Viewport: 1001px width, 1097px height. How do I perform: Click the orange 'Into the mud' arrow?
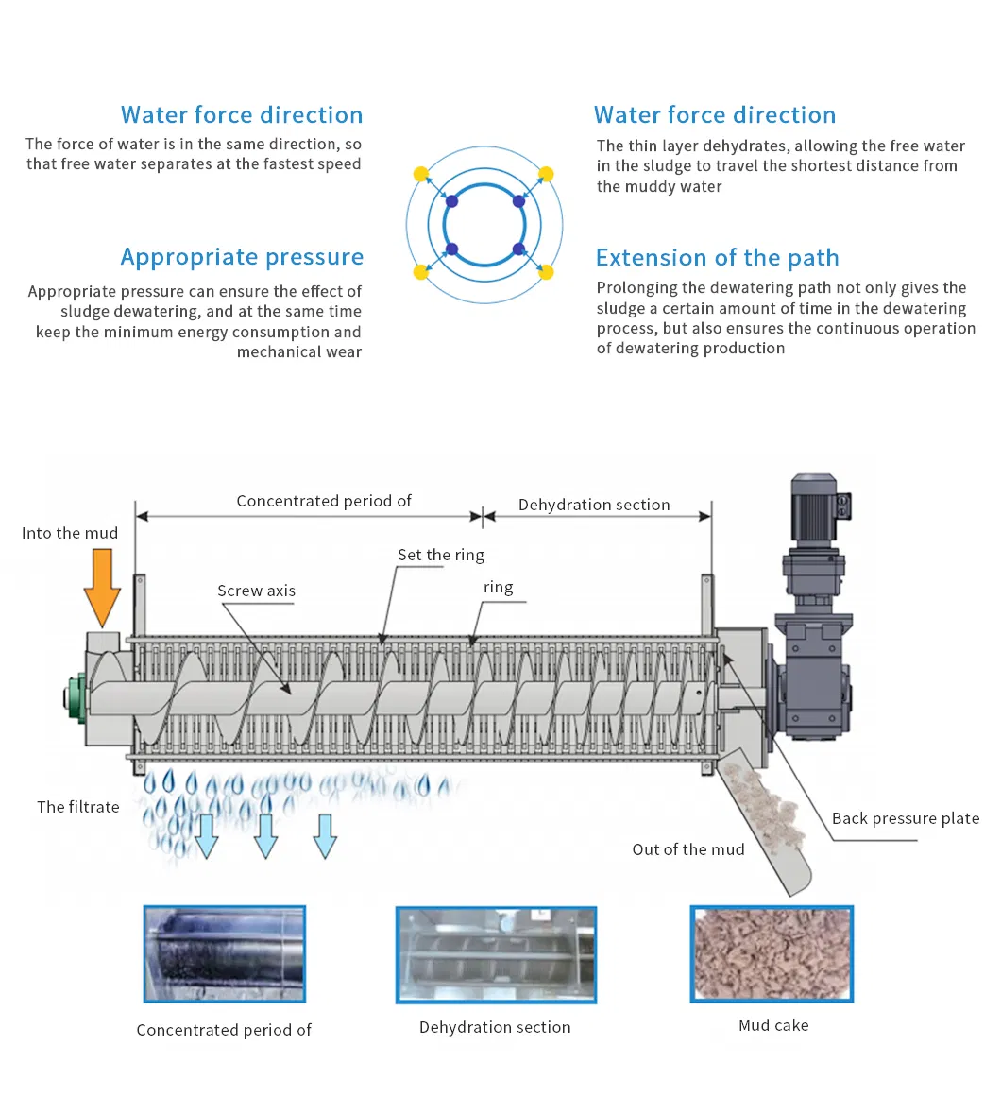click(x=102, y=586)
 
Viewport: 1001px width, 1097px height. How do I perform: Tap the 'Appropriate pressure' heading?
click(x=242, y=257)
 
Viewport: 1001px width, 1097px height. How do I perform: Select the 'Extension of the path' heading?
click(x=717, y=258)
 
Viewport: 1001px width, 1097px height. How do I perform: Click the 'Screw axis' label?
click(x=256, y=591)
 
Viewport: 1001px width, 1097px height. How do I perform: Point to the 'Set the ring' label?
click(x=440, y=555)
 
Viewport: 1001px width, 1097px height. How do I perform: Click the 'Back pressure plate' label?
click(x=905, y=818)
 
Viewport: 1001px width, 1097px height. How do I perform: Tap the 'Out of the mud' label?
click(x=687, y=849)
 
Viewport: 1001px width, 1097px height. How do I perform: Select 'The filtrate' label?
click(x=78, y=807)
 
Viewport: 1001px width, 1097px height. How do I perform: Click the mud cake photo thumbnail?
click(x=772, y=954)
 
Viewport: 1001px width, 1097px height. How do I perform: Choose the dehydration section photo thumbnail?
click(x=496, y=954)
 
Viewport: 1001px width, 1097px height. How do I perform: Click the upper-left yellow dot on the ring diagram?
click(x=421, y=174)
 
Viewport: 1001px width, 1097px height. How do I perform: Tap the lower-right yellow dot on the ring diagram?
click(x=546, y=273)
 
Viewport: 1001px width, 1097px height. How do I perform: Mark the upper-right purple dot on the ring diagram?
click(x=518, y=201)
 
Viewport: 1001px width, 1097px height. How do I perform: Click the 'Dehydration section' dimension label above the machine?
click(x=594, y=505)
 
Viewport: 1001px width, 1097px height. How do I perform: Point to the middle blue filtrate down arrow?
click(x=266, y=835)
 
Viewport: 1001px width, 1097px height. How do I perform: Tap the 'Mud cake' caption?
click(x=773, y=1025)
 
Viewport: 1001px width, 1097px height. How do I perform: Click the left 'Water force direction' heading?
click(x=242, y=115)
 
